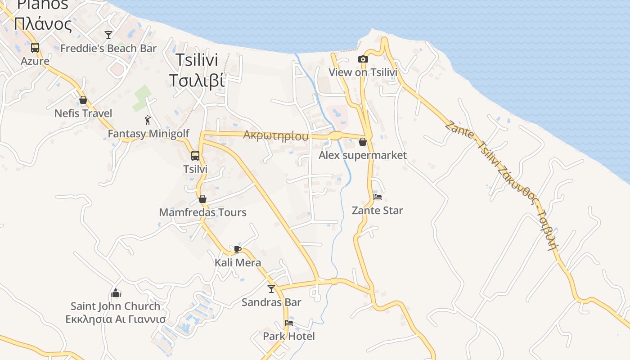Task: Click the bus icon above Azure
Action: [35, 48]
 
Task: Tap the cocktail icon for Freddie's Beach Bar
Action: [108, 35]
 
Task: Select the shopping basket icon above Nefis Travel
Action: [83, 100]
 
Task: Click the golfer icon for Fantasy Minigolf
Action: [148, 120]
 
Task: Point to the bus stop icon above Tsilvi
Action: [195, 156]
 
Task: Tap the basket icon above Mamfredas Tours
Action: [202, 199]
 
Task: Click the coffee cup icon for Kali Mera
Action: [238, 249]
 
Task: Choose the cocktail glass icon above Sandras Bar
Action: [271, 288]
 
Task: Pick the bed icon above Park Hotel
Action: [289, 323]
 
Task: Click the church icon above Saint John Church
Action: [116, 293]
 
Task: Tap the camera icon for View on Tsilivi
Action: [363, 59]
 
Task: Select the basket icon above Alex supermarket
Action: [363, 142]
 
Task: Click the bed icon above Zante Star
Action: [378, 197]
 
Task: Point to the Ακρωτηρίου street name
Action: [276, 135]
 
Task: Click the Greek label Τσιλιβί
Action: [197, 80]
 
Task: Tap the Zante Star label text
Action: [377, 210]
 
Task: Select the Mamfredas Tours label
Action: [202, 212]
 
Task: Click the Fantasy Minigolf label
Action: [148, 134]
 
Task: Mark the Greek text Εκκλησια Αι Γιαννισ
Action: [116, 319]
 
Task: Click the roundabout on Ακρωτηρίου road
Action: [336, 135]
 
